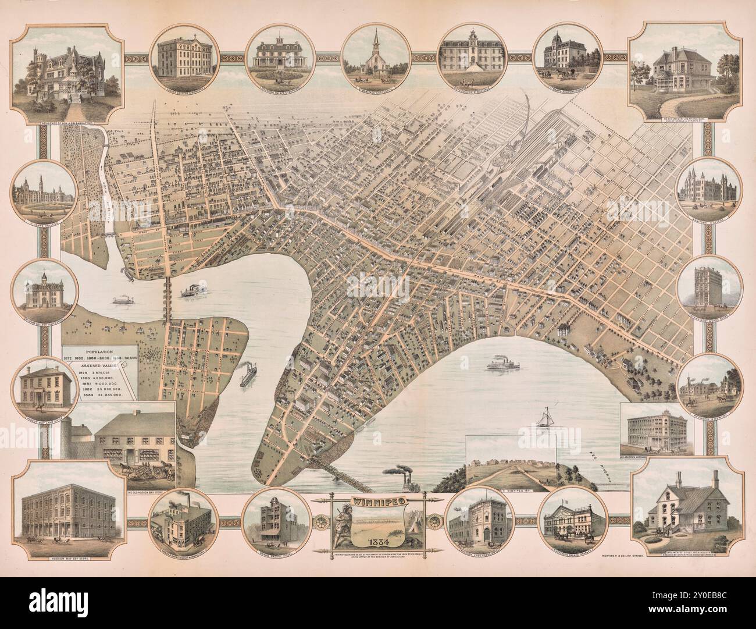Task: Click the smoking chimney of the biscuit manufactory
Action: pyautogui.click(x=170, y=502)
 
